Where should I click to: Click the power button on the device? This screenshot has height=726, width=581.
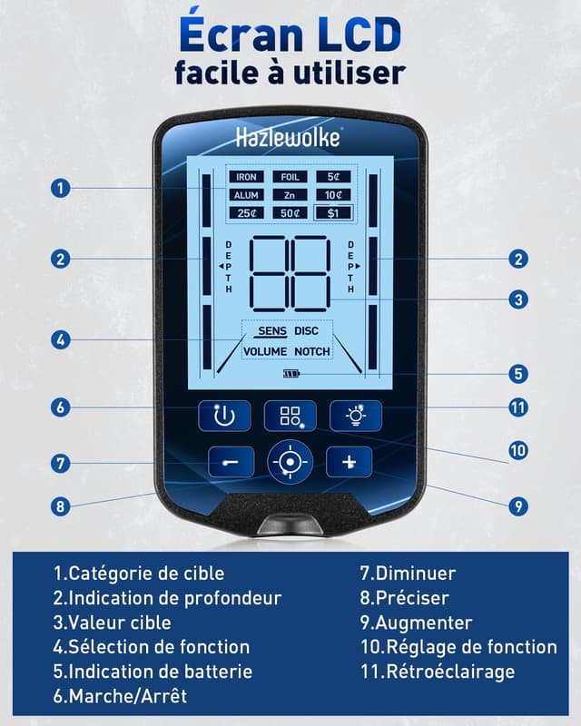pos(224,416)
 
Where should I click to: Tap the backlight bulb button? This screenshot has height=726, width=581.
pos(355,416)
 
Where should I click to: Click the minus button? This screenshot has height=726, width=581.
pos(234,462)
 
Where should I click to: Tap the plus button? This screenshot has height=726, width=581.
pos(350,462)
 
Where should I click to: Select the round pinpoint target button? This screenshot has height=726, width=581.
pos(290,462)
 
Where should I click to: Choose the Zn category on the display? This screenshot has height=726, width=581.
pos(290,195)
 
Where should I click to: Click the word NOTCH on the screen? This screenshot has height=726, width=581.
pos(312,351)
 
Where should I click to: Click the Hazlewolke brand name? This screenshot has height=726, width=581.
pos(289,138)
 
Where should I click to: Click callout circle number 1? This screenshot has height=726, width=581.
pos(60,188)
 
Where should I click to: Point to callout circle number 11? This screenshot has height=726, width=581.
pos(518,407)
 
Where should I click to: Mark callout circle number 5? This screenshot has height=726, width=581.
pos(518,373)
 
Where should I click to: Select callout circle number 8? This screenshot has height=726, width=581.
pos(60,506)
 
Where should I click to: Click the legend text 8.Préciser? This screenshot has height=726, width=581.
pos(404,598)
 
